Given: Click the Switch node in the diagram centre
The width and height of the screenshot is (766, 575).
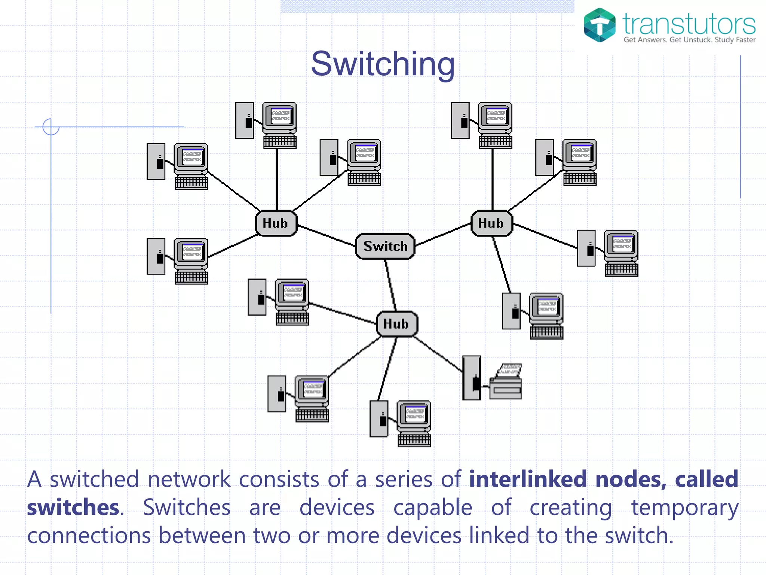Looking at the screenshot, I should pyautogui.click(x=385, y=246).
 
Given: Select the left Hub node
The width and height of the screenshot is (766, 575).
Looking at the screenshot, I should pyautogui.click(x=276, y=223).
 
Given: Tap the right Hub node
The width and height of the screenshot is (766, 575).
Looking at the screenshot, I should pyautogui.click(x=491, y=223).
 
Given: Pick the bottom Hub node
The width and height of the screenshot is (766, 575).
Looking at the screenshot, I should pyautogui.click(x=396, y=324).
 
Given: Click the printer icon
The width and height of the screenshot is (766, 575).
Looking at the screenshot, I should pyautogui.click(x=506, y=382).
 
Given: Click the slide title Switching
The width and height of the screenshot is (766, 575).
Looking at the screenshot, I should pyautogui.click(x=383, y=64).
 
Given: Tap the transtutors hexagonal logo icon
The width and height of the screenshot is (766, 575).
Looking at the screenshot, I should pyautogui.click(x=600, y=25).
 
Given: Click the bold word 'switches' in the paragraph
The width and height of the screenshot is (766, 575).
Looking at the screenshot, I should pyautogui.click(x=73, y=508).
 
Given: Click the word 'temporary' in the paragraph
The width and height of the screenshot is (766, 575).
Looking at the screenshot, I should pyautogui.click(x=684, y=508).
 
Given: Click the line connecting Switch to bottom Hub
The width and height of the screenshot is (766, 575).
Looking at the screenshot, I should pyautogui.click(x=391, y=285).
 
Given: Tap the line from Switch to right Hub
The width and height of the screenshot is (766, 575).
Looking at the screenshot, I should pyautogui.click(x=443, y=235).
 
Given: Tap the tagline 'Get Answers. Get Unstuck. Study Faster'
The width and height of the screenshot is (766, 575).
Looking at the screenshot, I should pyautogui.click(x=689, y=40).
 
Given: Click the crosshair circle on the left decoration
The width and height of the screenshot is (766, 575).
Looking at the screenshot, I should pyautogui.click(x=51, y=127).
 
